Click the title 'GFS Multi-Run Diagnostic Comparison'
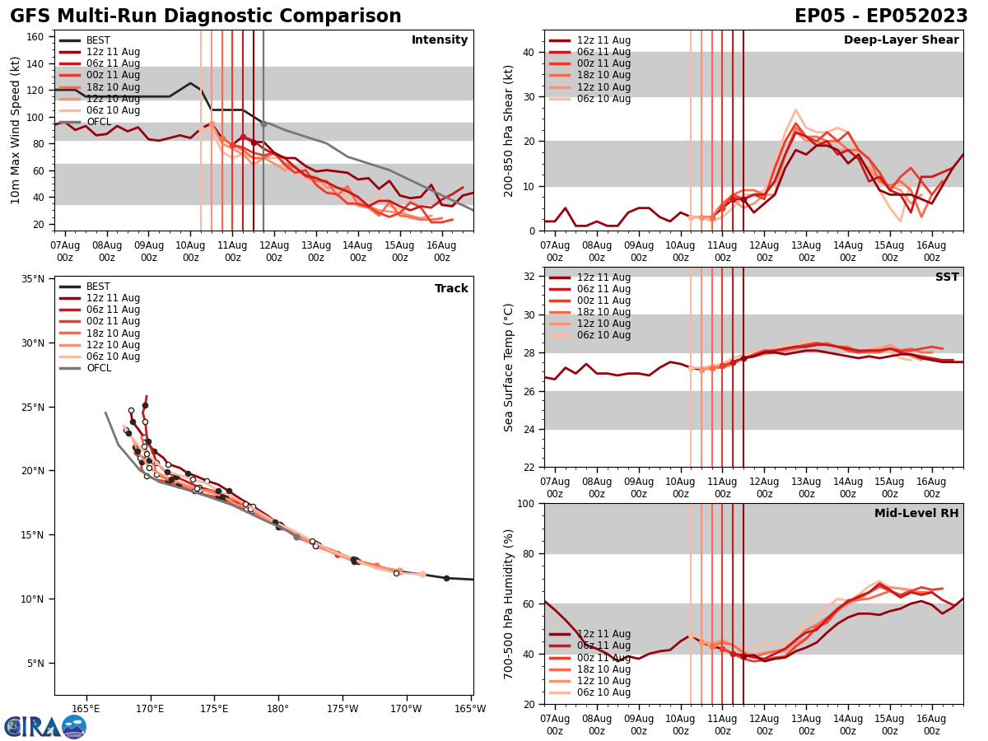(205, 16)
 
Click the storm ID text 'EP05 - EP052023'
(881, 16)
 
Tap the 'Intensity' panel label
(440, 40)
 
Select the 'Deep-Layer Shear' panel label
(901, 40)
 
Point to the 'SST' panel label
(946, 277)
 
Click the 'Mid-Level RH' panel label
(916, 514)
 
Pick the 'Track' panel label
(451, 289)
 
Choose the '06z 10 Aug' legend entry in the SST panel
(603, 335)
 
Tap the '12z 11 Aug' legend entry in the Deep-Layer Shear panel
(603, 40)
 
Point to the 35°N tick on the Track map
(33, 279)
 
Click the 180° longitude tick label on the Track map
(277, 708)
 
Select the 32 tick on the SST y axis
(529, 277)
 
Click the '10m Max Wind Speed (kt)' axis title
(16, 130)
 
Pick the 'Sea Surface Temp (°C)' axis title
(509, 367)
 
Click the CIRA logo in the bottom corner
(44, 726)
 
